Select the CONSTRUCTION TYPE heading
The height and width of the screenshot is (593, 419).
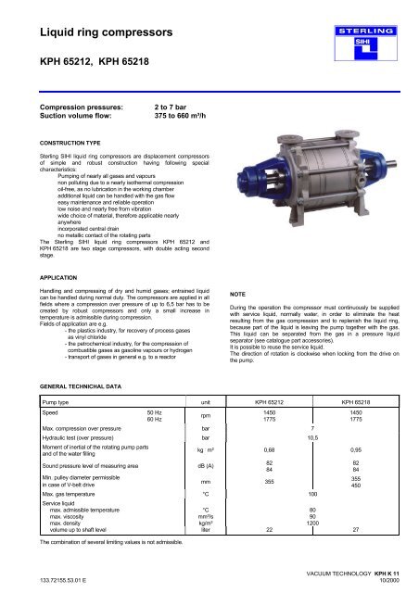pyautogui.click(x=65, y=170)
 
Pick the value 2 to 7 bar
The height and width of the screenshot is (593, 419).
pyautogui.click(x=173, y=119)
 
